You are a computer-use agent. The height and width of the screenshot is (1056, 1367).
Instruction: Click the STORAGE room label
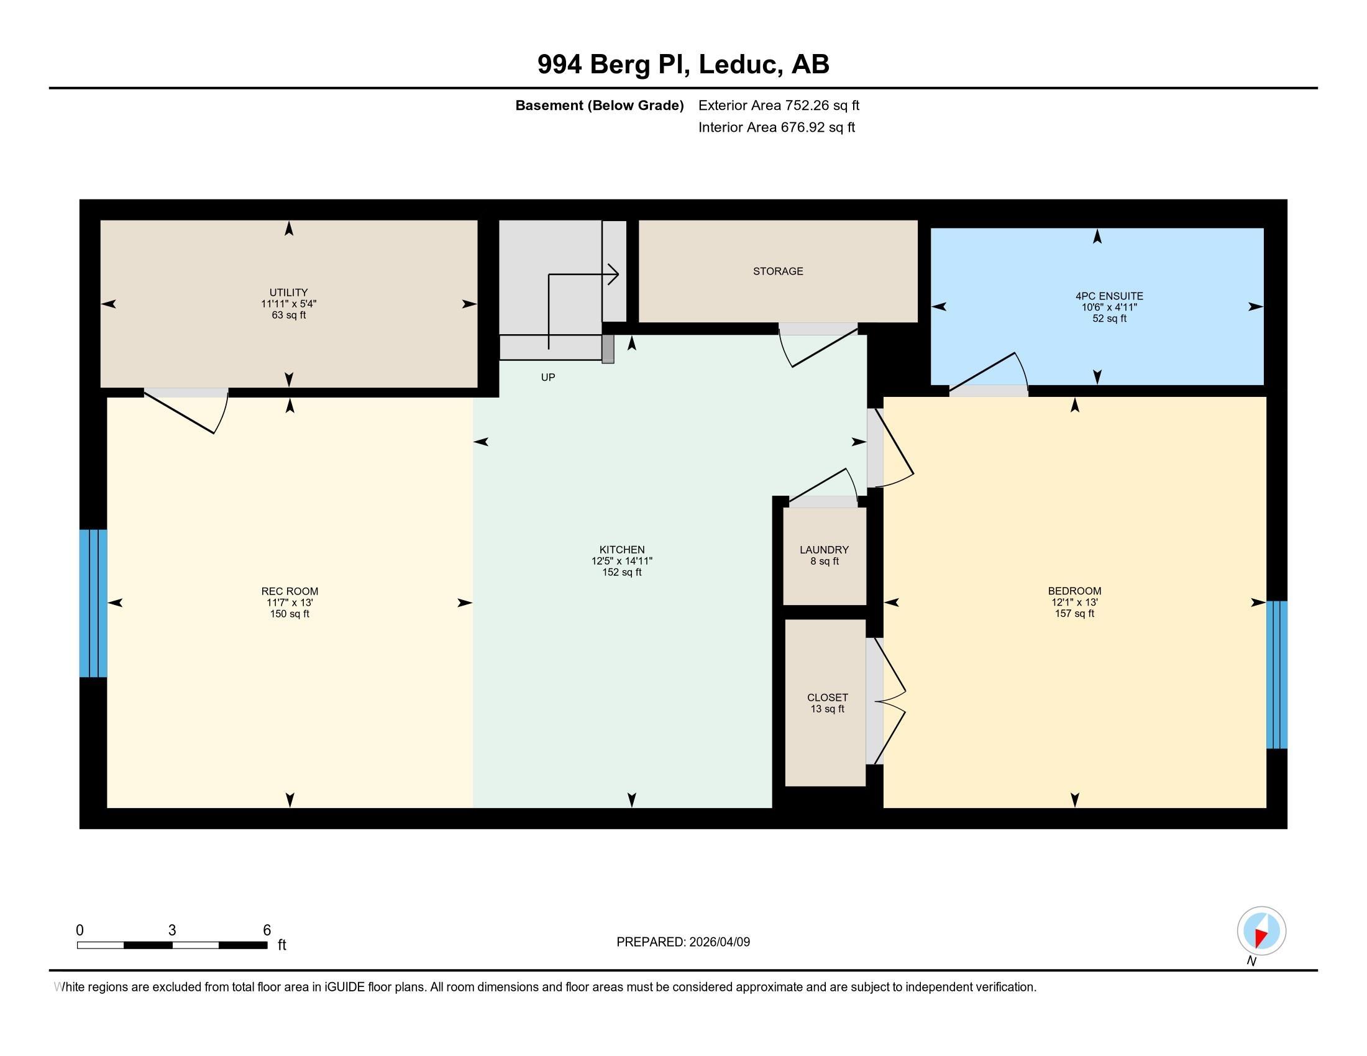coord(778,271)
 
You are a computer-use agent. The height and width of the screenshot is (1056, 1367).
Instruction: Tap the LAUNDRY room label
coord(825,550)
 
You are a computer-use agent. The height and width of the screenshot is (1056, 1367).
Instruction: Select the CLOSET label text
coord(828,698)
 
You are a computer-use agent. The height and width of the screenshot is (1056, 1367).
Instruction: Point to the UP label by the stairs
coord(547,377)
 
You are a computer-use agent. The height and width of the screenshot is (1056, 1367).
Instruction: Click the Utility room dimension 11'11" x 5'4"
coord(288,304)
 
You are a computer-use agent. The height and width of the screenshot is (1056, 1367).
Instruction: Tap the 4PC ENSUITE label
coord(1109,296)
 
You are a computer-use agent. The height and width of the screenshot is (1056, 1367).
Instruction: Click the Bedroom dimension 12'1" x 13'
coord(1075,603)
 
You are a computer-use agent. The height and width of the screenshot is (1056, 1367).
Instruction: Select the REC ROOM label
coord(290,591)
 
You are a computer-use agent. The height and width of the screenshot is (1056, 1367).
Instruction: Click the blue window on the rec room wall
coord(93,603)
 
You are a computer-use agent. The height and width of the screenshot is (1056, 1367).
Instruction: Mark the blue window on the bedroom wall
coord(1277,675)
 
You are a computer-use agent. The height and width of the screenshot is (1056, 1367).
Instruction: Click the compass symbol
coord(1261,931)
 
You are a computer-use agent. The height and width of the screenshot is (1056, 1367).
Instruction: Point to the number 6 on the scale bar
coord(267,931)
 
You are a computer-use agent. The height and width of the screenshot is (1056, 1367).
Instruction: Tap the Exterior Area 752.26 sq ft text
coord(779,105)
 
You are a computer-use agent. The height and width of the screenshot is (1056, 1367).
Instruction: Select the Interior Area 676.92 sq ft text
coord(776,127)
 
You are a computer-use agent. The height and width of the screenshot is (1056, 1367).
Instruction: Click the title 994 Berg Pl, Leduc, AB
coord(683,65)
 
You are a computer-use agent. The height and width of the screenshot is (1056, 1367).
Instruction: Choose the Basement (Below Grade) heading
coord(599,106)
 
